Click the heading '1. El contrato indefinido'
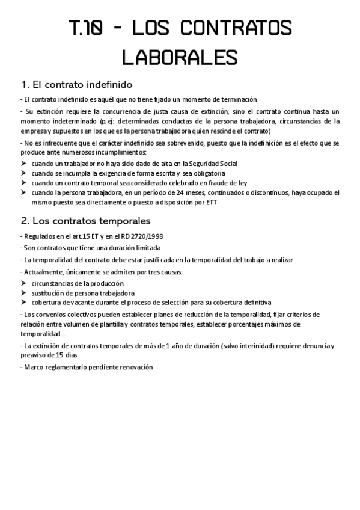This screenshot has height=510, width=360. click(76, 84)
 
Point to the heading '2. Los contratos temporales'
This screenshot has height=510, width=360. click(85, 220)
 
